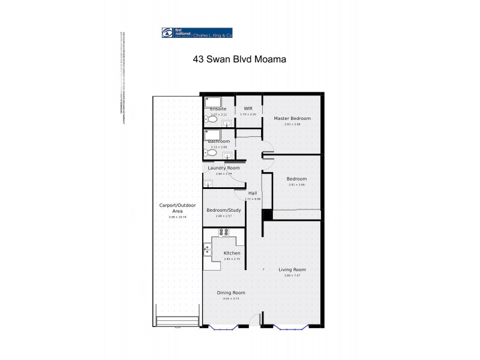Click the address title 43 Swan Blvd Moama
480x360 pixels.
pyautogui.click(x=239, y=59)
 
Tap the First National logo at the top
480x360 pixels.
pyautogui.click(x=197, y=34)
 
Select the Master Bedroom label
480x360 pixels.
pyautogui.click(x=292, y=118)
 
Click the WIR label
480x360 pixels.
pyautogui.click(x=248, y=109)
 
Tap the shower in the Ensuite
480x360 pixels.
pyautogui.click(x=213, y=101)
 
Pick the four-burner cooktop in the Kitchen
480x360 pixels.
pyautogui.click(x=224, y=232)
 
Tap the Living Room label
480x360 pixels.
pyautogui.click(x=292, y=269)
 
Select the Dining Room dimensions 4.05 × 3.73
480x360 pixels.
pyautogui.click(x=230, y=298)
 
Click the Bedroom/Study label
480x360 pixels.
pyautogui.click(x=223, y=210)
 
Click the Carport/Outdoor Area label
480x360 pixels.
pyautogui.click(x=178, y=208)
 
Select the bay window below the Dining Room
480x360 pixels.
pyautogui.click(x=223, y=326)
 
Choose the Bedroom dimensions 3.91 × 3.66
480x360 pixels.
pyautogui.click(x=296, y=185)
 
